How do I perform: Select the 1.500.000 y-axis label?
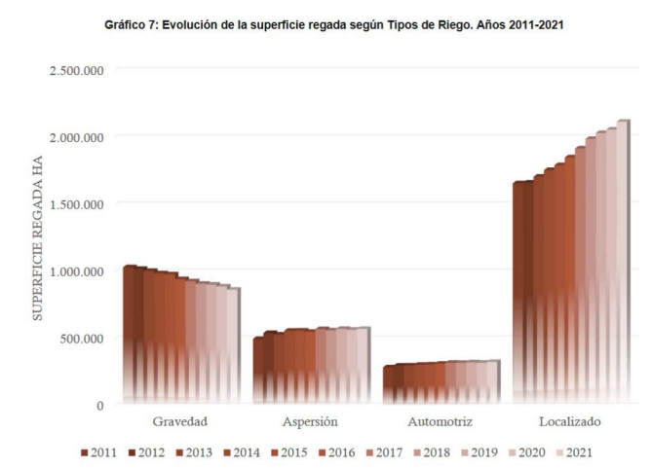click(72, 203)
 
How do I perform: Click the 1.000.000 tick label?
click(72, 270)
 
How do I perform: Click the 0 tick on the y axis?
click(100, 405)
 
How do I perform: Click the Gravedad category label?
click(180, 422)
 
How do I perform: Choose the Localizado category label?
click(570, 422)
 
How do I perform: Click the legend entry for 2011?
click(100, 452)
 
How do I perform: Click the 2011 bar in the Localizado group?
click(518, 292)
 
